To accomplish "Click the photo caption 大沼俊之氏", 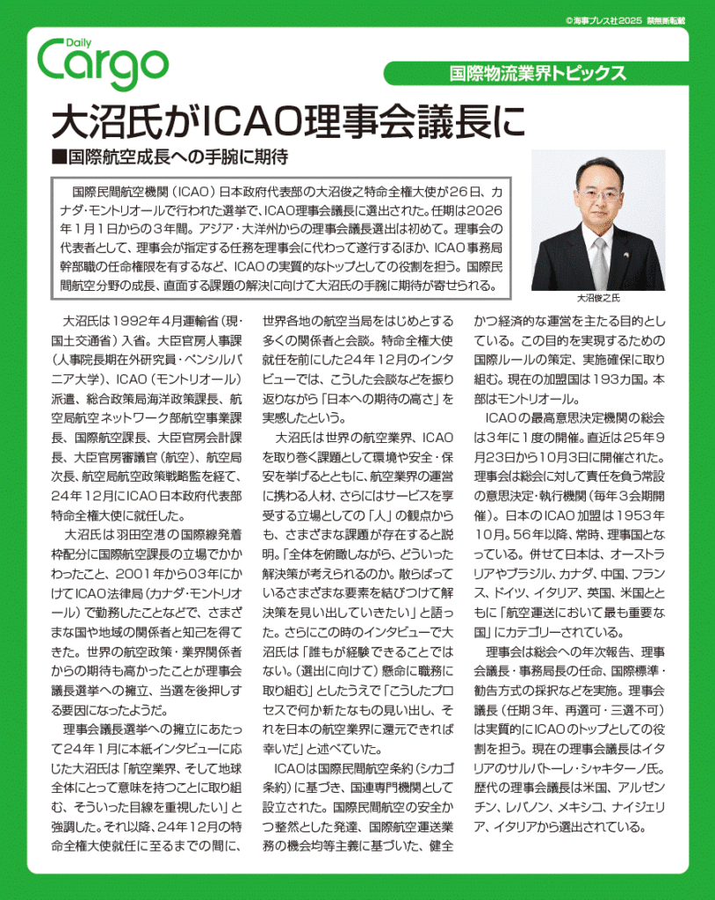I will [x=597, y=298].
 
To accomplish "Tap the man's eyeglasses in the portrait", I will [x=598, y=192].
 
